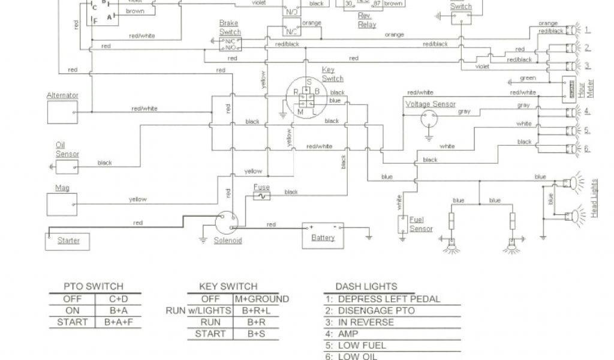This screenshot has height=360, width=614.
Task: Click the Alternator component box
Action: [62, 111]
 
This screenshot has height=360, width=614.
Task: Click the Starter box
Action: [68, 241]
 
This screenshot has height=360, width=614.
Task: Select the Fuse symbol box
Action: [261, 196]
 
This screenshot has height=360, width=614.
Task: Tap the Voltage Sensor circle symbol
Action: [429, 119]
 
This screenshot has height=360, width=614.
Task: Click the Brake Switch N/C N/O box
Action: [230, 44]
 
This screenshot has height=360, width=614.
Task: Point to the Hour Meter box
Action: [568, 89]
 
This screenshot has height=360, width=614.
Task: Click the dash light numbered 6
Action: [572, 149]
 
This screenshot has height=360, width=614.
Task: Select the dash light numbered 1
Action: [572, 30]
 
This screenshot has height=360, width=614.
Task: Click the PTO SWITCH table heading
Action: [94, 286]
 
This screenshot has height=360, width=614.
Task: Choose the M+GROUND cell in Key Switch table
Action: [261, 299]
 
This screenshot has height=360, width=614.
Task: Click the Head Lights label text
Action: [594, 198]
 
